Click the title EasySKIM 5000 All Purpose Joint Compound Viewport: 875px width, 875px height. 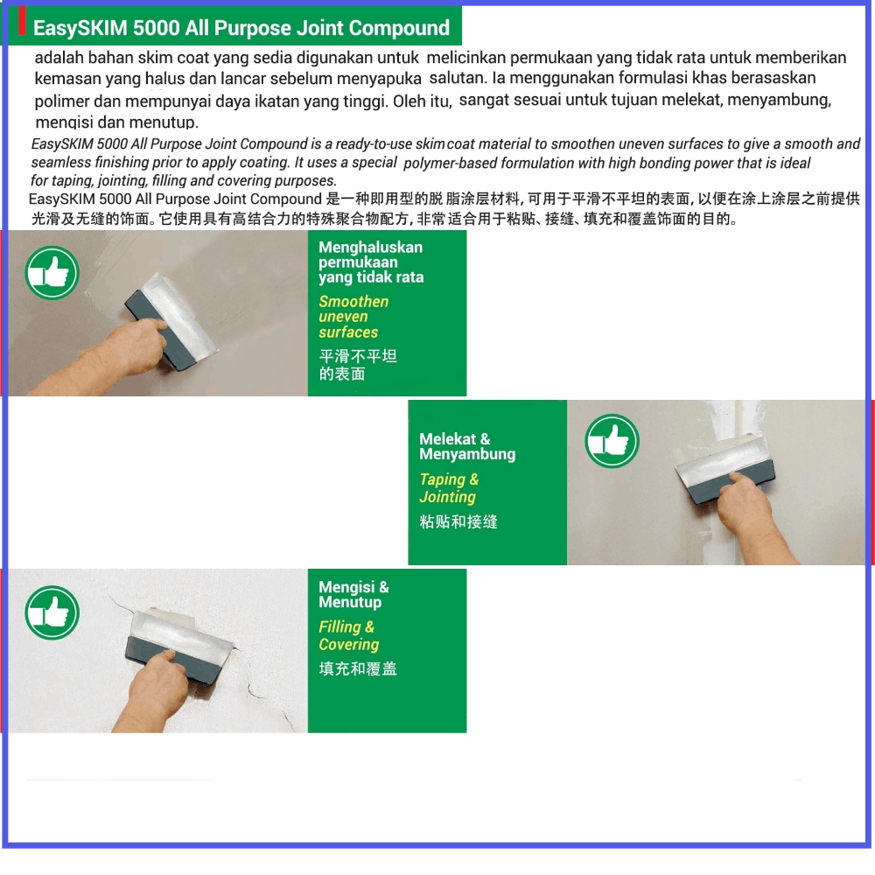(241, 28)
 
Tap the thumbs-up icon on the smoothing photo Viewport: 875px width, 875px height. (52, 273)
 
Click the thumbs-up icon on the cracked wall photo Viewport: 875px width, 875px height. (52, 612)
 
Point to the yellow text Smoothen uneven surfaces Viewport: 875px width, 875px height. (353, 317)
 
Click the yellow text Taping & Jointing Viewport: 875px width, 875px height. (449, 488)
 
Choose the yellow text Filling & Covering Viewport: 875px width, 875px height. (348, 636)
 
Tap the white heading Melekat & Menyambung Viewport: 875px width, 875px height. (466, 446)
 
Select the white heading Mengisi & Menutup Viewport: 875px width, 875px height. (353, 595)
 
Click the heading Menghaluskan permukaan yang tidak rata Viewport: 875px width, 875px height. (370, 262)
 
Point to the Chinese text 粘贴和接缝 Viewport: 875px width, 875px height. (458, 521)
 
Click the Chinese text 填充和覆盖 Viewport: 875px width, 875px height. (357, 669)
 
